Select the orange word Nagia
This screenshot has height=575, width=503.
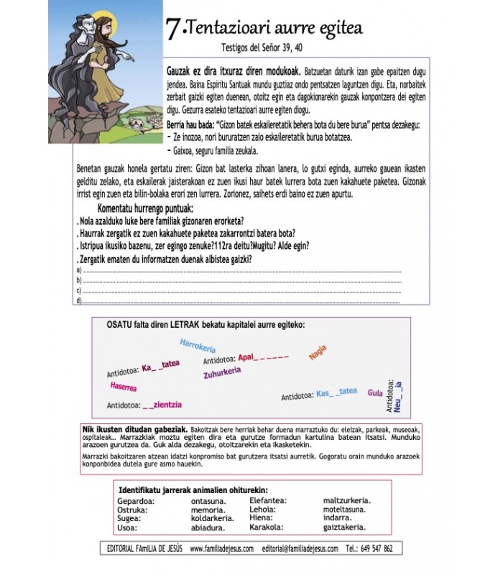coord(317,353)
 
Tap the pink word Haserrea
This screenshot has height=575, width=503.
coord(124,387)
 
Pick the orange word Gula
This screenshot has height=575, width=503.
coord(374,393)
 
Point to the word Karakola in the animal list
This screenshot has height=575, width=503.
coord(267,527)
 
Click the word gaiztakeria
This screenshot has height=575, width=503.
coord(348,527)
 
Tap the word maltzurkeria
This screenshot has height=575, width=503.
coord(347,500)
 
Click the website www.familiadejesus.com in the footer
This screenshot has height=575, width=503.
coord(221,548)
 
